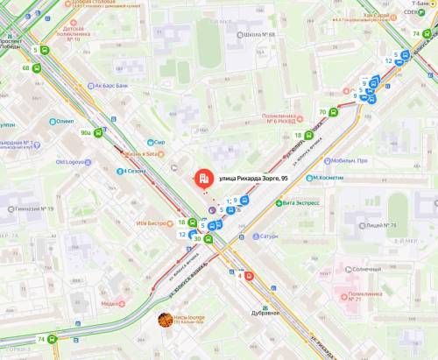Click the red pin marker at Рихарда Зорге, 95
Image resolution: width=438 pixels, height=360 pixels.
[203, 179]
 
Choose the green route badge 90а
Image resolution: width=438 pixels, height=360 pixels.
[86, 132]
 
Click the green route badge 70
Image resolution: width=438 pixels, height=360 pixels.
[323, 112]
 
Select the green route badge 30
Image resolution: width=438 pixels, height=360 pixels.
[197, 239]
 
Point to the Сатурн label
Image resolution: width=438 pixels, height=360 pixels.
[268, 236]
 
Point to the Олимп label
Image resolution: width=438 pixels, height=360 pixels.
[65, 122]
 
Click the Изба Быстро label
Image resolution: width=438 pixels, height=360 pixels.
[151, 222]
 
